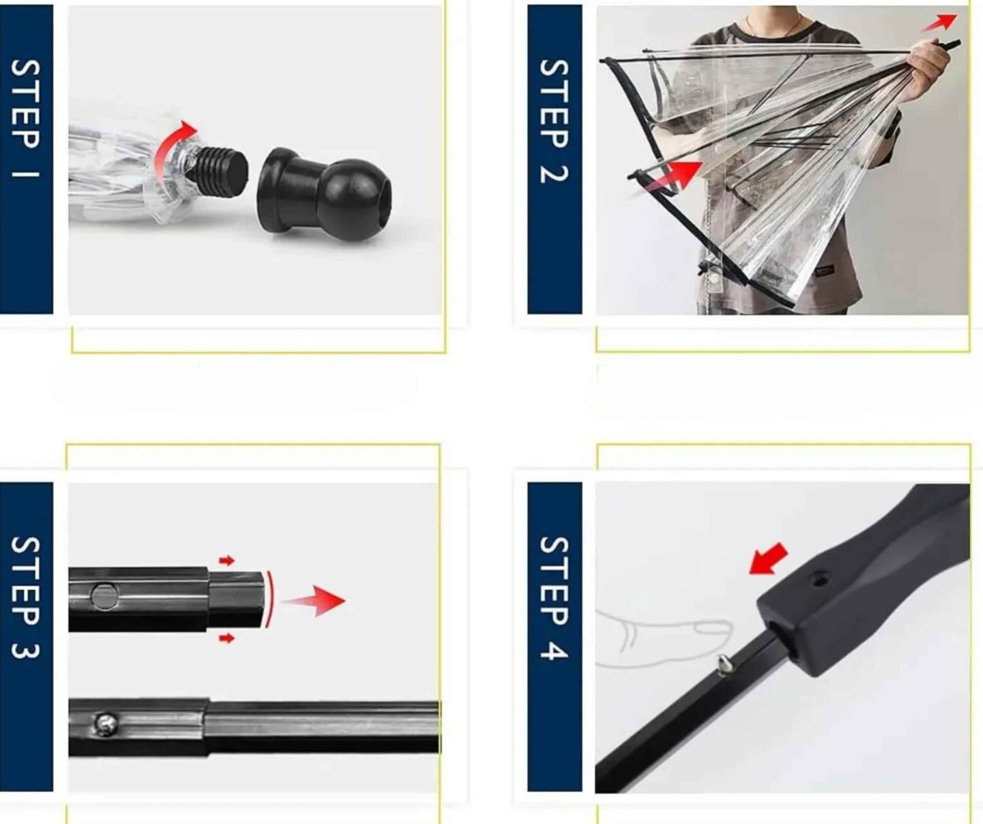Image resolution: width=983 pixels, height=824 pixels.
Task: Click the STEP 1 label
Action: [25, 118]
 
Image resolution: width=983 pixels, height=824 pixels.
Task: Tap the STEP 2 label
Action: [554, 121]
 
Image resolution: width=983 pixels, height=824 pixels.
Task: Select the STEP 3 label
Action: [25, 597]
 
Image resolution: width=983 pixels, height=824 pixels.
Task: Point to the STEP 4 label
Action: [554, 598]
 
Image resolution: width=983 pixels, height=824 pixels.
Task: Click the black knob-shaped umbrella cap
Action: [325, 194]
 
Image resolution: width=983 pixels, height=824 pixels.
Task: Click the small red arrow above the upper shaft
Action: [227, 560]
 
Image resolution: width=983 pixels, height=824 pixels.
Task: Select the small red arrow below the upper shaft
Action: [227, 638]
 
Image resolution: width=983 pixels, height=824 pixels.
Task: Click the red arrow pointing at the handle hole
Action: [768, 559]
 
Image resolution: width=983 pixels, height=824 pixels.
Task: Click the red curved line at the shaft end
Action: [270, 599]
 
